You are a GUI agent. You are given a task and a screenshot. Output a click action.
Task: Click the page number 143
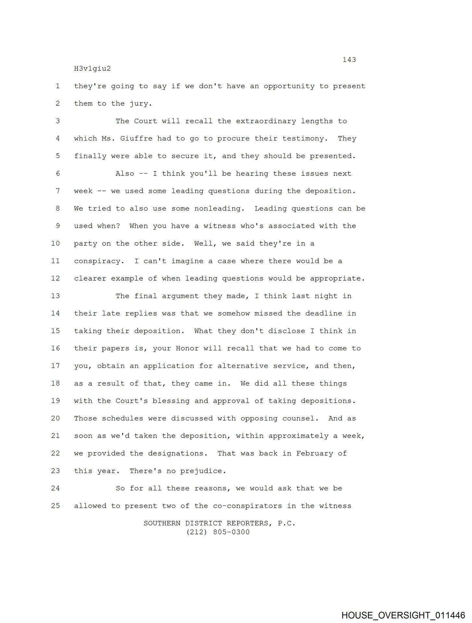click(x=349, y=60)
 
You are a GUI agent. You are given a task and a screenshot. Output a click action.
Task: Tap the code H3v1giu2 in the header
click(x=92, y=69)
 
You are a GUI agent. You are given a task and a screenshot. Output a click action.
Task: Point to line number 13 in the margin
click(x=56, y=296)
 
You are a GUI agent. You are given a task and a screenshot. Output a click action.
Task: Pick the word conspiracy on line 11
click(x=97, y=261)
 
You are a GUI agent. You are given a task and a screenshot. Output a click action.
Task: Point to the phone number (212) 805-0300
click(x=218, y=532)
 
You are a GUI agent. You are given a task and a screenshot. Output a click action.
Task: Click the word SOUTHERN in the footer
click(x=162, y=523)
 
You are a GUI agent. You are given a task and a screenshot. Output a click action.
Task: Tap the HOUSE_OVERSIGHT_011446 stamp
click(x=403, y=615)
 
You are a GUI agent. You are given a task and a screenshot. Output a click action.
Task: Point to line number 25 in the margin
click(x=56, y=506)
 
